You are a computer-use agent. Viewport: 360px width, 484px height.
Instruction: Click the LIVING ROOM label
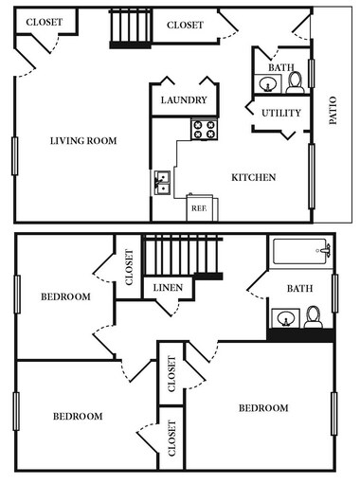point(83,140)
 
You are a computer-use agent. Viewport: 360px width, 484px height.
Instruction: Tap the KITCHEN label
point(254,177)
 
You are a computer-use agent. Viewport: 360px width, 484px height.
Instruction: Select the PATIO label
point(333,110)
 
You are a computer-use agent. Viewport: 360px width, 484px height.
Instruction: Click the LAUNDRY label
point(184,100)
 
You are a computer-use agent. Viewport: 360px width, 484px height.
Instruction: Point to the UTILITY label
point(281,113)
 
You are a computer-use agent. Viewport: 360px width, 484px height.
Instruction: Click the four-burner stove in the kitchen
point(205,129)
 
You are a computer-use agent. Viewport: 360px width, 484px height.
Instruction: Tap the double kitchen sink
point(162,183)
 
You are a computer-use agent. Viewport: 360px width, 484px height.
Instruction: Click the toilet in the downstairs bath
point(296,82)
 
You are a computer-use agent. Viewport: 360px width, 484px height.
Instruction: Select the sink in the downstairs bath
point(268,83)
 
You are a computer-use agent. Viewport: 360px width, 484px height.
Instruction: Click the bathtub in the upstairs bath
point(301,251)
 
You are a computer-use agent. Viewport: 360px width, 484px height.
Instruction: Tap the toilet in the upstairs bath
point(314,317)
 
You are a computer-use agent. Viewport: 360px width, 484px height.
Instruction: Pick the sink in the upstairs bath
point(286,318)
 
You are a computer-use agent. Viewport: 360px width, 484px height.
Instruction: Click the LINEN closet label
point(168,288)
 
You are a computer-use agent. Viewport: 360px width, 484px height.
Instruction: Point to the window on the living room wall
point(14,156)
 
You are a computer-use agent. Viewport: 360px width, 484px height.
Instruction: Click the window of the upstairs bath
point(334,294)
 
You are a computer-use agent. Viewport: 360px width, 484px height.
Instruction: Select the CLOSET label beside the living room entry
point(45,22)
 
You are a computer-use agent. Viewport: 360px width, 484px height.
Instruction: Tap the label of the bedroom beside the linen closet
point(65,296)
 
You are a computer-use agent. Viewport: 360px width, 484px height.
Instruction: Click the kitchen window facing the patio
point(312,176)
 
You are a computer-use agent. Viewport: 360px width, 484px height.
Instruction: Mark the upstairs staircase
point(183,257)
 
